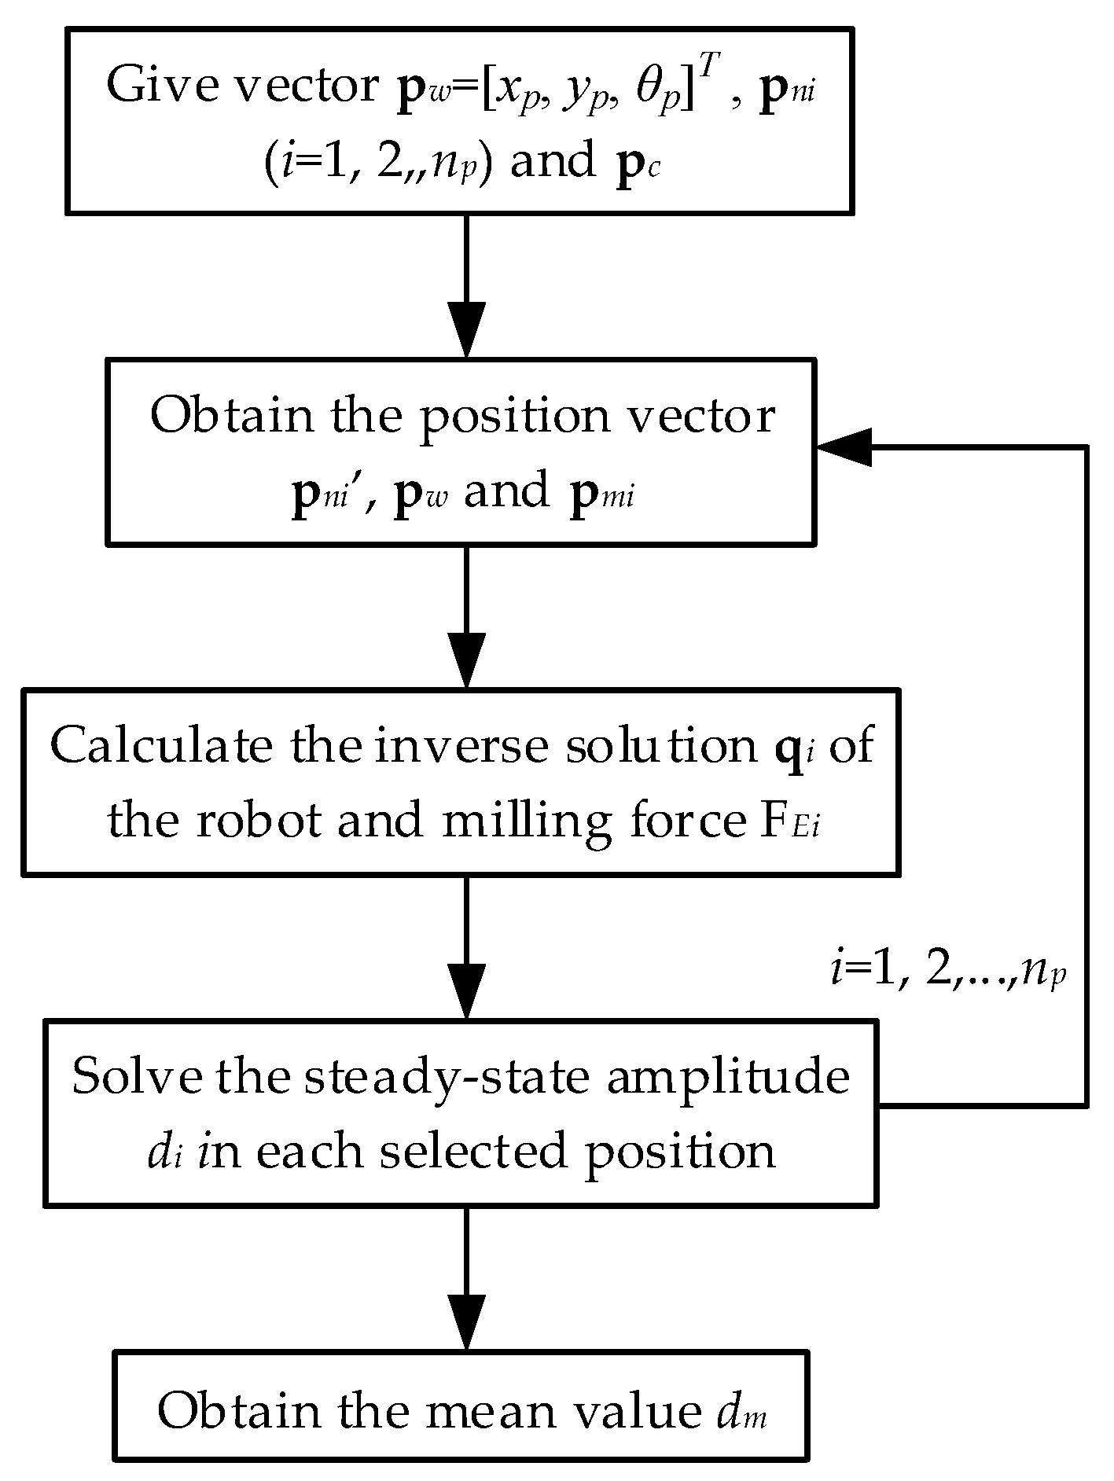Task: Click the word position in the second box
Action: [513, 417]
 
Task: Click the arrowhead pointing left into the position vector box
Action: [845, 447]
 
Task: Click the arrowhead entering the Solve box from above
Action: [466, 993]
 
